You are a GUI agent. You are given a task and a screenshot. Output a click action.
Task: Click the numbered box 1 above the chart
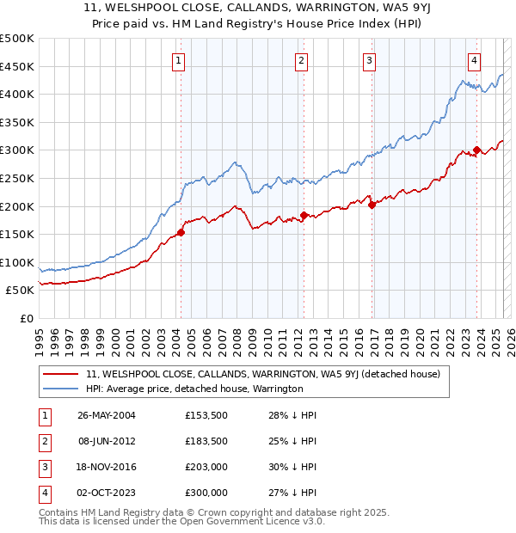click(177, 60)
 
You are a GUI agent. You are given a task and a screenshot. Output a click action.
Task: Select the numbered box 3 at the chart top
click(368, 60)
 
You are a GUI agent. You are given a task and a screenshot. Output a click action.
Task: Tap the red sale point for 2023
click(476, 150)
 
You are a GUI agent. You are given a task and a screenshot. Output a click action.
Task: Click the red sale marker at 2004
click(181, 232)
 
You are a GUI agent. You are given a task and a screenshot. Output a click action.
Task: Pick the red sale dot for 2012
click(304, 215)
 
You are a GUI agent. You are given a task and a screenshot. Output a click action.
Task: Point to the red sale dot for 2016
click(372, 205)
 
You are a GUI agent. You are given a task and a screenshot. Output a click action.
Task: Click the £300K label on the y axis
click(17, 150)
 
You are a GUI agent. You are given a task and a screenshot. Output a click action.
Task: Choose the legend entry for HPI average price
click(194, 389)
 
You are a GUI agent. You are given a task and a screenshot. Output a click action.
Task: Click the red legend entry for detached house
click(263, 374)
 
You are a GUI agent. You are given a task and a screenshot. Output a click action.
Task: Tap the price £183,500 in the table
click(206, 441)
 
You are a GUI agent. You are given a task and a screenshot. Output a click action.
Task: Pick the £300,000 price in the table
click(206, 493)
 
